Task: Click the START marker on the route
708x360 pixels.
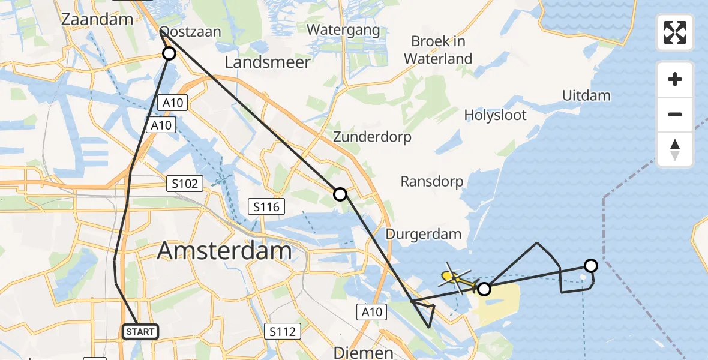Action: click(140, 331)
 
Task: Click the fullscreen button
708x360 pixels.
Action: click(675, 32)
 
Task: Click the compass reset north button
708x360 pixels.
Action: click(675, 149)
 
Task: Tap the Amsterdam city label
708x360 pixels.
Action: click(224, 250)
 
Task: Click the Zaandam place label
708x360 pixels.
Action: click(97, 19)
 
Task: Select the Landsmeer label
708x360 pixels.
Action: click(268, 62)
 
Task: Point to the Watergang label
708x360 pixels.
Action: click(343, 29)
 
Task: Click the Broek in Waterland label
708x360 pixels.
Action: click(438, 50)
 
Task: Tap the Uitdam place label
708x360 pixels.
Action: click(586, 95)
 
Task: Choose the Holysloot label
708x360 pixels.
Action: click(496, 115)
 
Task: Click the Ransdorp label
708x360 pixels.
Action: click(432, 181)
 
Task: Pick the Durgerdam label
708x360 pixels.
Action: click(423, 234)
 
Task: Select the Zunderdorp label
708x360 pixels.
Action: click(373, 137)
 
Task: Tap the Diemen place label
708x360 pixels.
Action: click(363, 352)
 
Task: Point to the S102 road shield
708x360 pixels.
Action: click(184, 184)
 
